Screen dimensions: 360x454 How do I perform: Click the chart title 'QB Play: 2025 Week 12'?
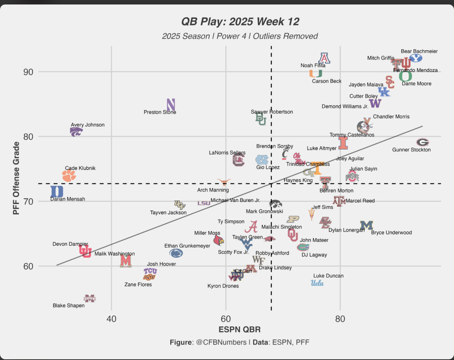click(240, 22)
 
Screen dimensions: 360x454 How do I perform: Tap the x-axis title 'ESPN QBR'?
click(239, 329)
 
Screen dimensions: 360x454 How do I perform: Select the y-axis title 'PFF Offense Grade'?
click(16, 178)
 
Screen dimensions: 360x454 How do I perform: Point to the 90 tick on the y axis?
click(28, 72)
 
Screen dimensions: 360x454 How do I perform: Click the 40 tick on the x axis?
click(111, 319)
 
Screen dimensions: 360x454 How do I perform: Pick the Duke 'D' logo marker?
click(57, 192)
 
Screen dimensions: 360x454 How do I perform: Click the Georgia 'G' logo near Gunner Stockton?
click(422, 142)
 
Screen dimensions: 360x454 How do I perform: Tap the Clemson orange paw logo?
click(69, 175)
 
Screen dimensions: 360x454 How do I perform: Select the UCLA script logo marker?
click(317, 283)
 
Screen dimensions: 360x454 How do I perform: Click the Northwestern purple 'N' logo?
click(171, 105)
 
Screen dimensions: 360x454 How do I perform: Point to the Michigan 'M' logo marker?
click(366, 225)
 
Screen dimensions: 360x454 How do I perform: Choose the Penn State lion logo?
click(176, 253)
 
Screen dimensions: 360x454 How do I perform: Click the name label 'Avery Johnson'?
click(88, 125)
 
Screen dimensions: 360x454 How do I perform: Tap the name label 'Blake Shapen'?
click(68, 305)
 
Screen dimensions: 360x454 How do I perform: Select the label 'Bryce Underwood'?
click(391, 233)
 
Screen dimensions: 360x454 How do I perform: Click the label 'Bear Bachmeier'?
click(419, 51)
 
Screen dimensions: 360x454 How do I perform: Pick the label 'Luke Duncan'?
click(328, 276)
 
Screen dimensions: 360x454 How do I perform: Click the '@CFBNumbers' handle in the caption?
click(221, 342)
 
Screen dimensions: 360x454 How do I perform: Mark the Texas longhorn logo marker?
click(224, 182)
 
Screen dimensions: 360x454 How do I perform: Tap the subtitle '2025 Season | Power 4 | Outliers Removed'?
click(240, 36)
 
